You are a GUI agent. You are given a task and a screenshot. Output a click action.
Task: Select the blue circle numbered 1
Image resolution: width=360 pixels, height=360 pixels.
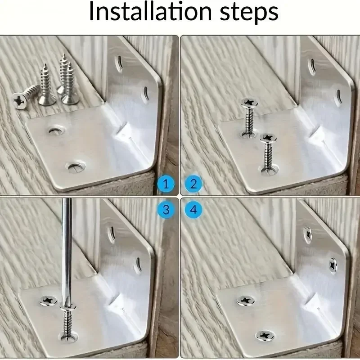point(166,184)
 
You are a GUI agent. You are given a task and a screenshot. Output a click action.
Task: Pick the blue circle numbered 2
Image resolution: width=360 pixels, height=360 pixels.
point(193,184)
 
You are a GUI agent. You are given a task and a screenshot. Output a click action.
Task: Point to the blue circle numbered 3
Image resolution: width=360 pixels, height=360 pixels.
point(166,209)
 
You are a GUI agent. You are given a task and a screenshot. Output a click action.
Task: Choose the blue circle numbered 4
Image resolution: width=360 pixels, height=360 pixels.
point(193,209)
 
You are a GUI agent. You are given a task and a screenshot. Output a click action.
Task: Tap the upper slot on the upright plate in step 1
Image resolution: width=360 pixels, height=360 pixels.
point(119,63)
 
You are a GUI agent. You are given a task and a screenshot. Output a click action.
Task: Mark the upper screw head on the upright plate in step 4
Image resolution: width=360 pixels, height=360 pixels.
point(308,234)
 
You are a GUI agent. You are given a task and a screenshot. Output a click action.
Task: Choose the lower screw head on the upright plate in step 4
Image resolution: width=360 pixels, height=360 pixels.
point(333,265)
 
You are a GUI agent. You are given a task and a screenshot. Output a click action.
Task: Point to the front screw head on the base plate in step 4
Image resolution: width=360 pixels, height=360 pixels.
point(265,335)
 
